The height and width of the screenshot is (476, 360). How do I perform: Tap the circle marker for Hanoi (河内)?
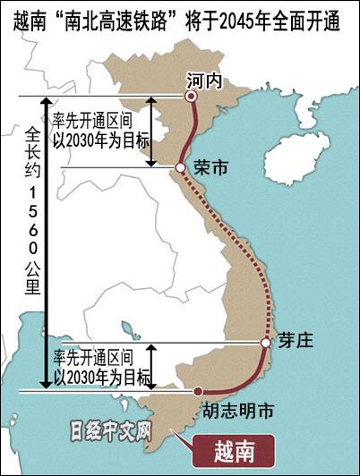(x=190, y=96)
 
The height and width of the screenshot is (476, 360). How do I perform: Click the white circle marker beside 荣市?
(x=180, y=167)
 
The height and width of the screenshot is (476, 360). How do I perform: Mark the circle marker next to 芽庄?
(x=266, y=343)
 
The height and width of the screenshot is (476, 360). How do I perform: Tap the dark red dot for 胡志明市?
(x=198, y=391)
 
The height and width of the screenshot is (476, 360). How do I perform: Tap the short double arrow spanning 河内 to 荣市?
(x=151, y=132)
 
